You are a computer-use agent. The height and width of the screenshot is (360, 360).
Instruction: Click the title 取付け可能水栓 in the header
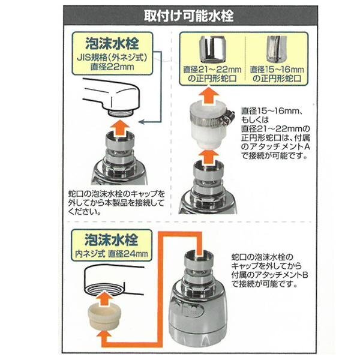(x=189, y=16)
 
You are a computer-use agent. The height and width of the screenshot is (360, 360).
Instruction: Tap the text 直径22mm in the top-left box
(x=112, y=67)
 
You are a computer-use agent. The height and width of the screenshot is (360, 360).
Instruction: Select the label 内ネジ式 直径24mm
(x=112, y=254)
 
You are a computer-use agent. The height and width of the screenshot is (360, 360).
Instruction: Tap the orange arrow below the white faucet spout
(x=119, y=128)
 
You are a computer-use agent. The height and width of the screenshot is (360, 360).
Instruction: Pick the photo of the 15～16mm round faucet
(x=275, y=49)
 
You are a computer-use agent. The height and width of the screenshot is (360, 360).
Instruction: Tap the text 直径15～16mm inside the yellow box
(x=277, y=70)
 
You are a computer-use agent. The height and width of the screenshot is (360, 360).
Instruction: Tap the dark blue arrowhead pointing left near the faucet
(x=142, y=122)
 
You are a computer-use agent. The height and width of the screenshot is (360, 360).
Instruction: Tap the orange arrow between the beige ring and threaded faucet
(x=104, y=297)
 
